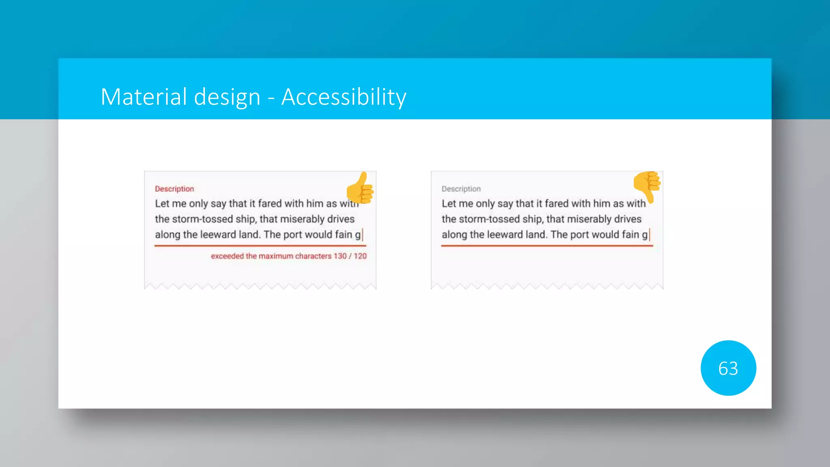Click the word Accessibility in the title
pyautogui.click(x=344, y=97)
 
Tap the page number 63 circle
pyautogui.click(x=728, y=368)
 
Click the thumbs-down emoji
pyautogui.click(x=648, y=186)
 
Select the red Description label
pyautogui.click(x=174, y=189)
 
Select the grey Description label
pyautogui.click(x=461, y=189)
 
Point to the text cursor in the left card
pyautogui.click(x=363, y=235)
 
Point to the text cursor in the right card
pyautogui.click(x=650, y=235)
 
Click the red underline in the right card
pyautogui.click(x=547, y=246)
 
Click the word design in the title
pyautogui.click(x=227, y=97)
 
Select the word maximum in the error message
pyautogui.click(x=276, y=256)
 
